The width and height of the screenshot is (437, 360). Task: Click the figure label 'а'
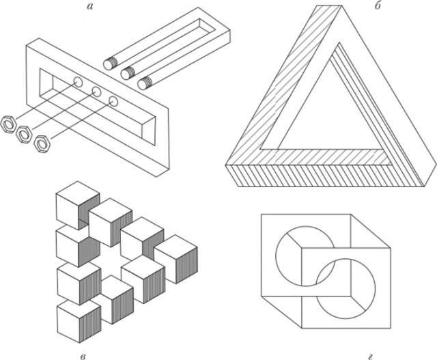(89, 6)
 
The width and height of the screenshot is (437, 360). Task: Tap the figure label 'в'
(83, 356)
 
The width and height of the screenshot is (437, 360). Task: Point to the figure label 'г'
(370, 356)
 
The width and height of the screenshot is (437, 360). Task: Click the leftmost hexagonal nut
(8, 123)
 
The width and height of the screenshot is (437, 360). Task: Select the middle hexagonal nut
(24, 134)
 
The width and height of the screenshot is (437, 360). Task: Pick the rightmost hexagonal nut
(42, 144)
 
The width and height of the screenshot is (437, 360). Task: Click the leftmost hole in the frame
(78, 82)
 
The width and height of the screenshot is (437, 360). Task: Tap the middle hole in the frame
(96, 92)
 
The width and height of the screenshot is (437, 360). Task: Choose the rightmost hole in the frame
(113, 101)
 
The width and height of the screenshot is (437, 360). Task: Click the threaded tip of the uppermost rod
(109, 64)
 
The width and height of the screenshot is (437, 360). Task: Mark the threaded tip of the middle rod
(127, 73)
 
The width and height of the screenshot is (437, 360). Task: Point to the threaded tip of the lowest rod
(144, 83)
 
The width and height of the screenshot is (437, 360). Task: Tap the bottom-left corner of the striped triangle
(226, 165)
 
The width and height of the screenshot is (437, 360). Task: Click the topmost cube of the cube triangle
(78, 205)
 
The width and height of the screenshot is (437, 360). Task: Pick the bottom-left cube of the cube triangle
(79, 320)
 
